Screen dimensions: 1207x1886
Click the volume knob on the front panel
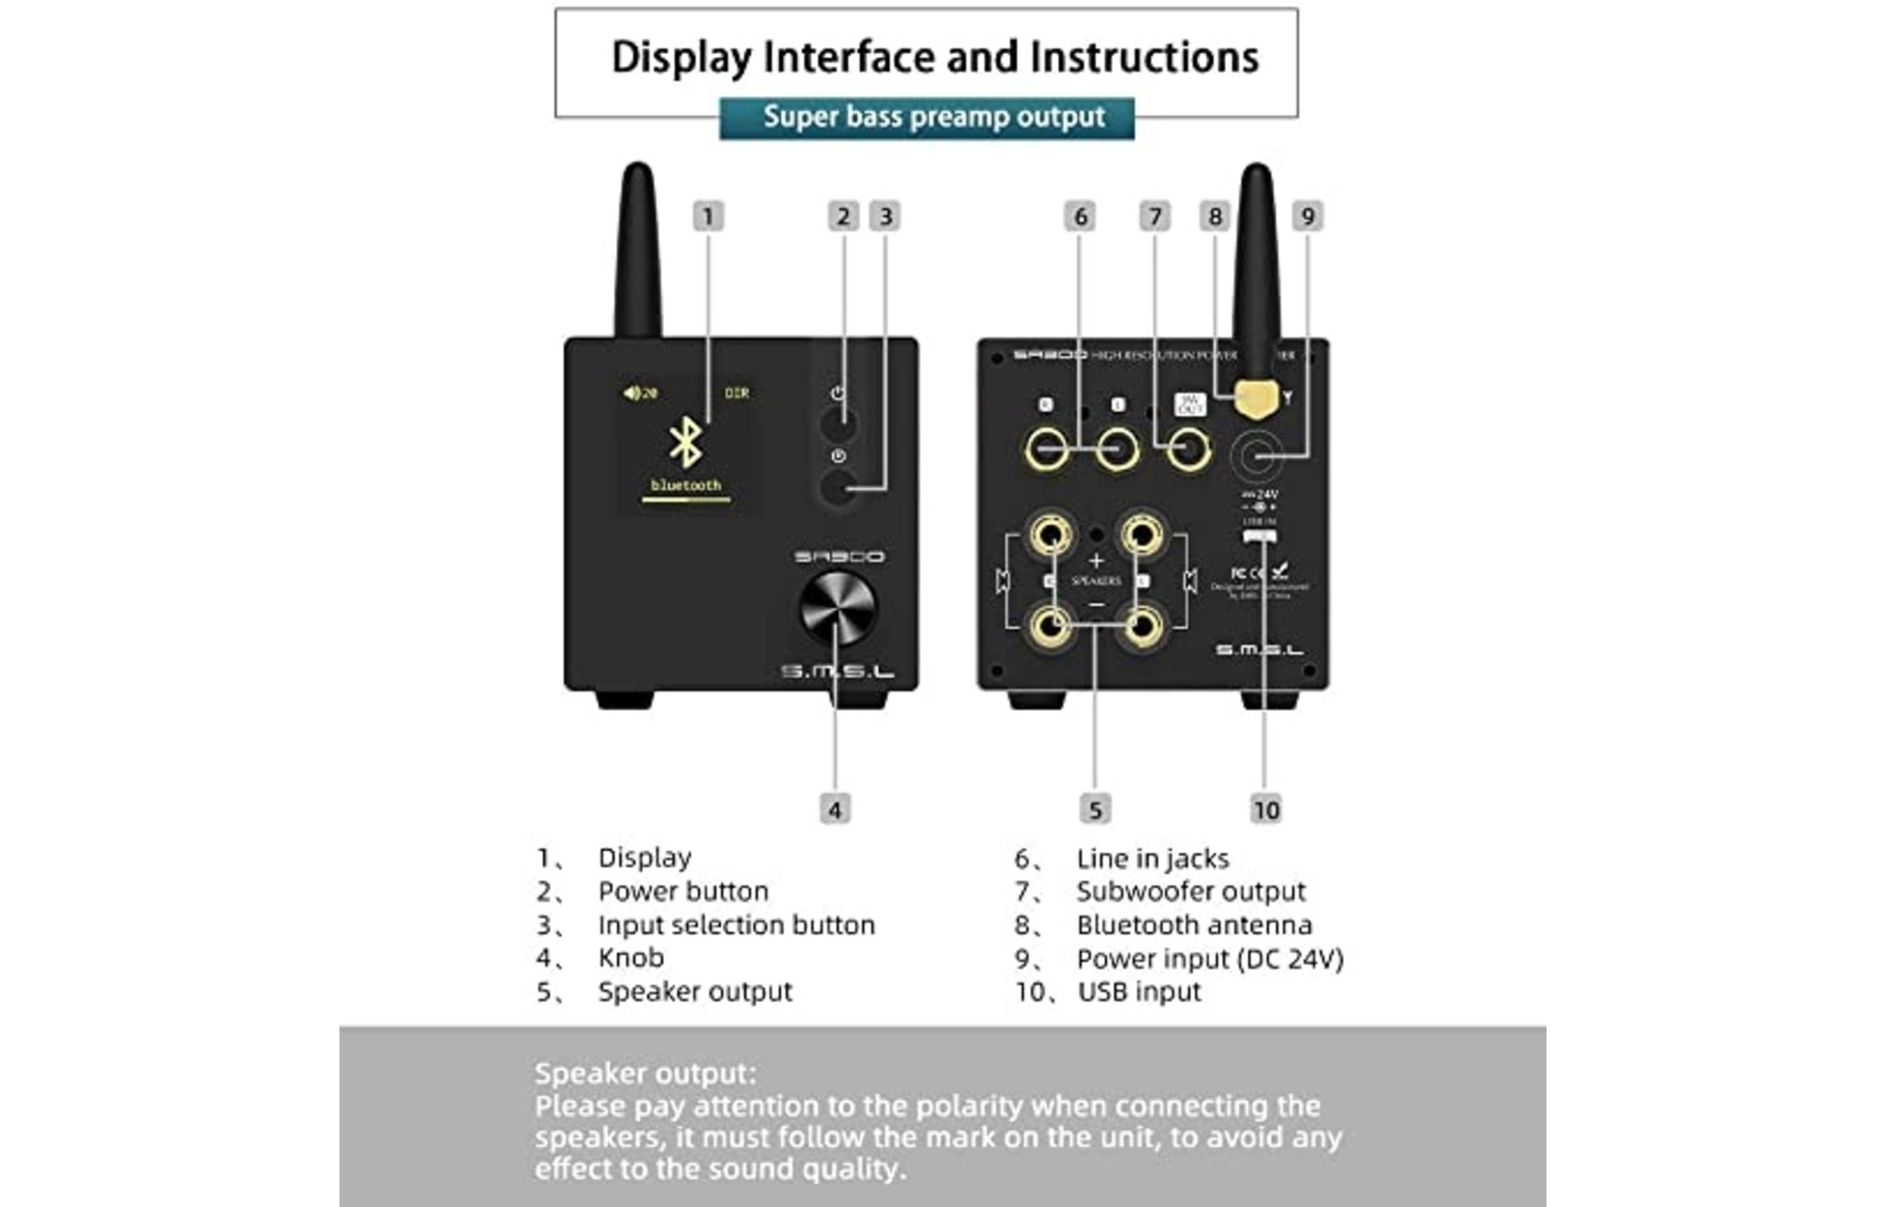click(836, 606)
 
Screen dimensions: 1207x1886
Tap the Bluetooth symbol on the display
click(686, 442)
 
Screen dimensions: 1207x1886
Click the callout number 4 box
click(835, 809)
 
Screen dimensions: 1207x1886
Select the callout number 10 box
click(1266, 809)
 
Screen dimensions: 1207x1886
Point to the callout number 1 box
click(708, 216)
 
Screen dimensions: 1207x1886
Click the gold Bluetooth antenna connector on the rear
click(1257, 400)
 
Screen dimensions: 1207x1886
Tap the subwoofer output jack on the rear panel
click(1188, 449)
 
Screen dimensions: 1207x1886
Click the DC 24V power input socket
click(1256, 456)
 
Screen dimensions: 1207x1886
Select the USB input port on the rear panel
click(1260, 537)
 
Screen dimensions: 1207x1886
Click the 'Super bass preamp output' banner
click(927, 118)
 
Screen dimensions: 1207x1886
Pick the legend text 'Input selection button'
click(736, 925)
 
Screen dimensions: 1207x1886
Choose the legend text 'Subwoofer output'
click(1191, 891)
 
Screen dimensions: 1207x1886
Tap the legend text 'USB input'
click(1139, 992)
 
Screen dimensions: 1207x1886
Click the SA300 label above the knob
click(838, 557)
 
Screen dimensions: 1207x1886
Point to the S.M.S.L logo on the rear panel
click(1259, 650)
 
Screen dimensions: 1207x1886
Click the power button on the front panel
click(838, 423)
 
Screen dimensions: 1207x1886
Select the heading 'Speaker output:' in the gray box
click(645, 1073)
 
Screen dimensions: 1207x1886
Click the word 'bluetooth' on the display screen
click(686, 485)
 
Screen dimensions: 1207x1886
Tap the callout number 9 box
click(1307, 216)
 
